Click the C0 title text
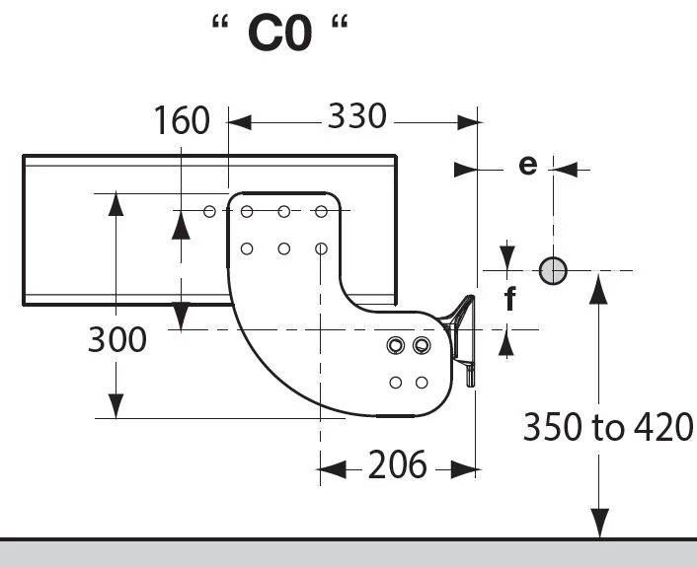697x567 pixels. (x=280, y=33)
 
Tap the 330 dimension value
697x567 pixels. (x=357, y=116)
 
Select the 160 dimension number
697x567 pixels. (x=182, y=120)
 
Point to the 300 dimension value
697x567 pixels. (x=116, y=339)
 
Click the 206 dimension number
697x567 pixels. (x=398, y=464)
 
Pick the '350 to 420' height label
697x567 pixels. (x=607, y=427)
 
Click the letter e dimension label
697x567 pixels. (x=528, y=166)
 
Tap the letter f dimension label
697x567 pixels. (x=510, y=299)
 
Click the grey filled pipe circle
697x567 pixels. (x=553, y=270)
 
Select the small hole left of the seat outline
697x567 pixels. (x=209, y=212)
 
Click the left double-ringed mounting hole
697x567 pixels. (x=396, y=345)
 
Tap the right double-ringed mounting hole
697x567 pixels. (x=422, y=345)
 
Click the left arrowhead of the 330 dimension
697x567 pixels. (x=240, y=122)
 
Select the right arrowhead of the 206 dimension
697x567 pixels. (x=463, y=469)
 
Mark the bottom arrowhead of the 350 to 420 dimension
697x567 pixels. (x=598, y=524)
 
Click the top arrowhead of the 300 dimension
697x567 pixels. (x=116, y=205)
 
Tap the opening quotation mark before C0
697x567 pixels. (x=220, y=22)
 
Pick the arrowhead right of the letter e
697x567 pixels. (x=566, y=170)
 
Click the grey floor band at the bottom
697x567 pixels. (x=348, y=553)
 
